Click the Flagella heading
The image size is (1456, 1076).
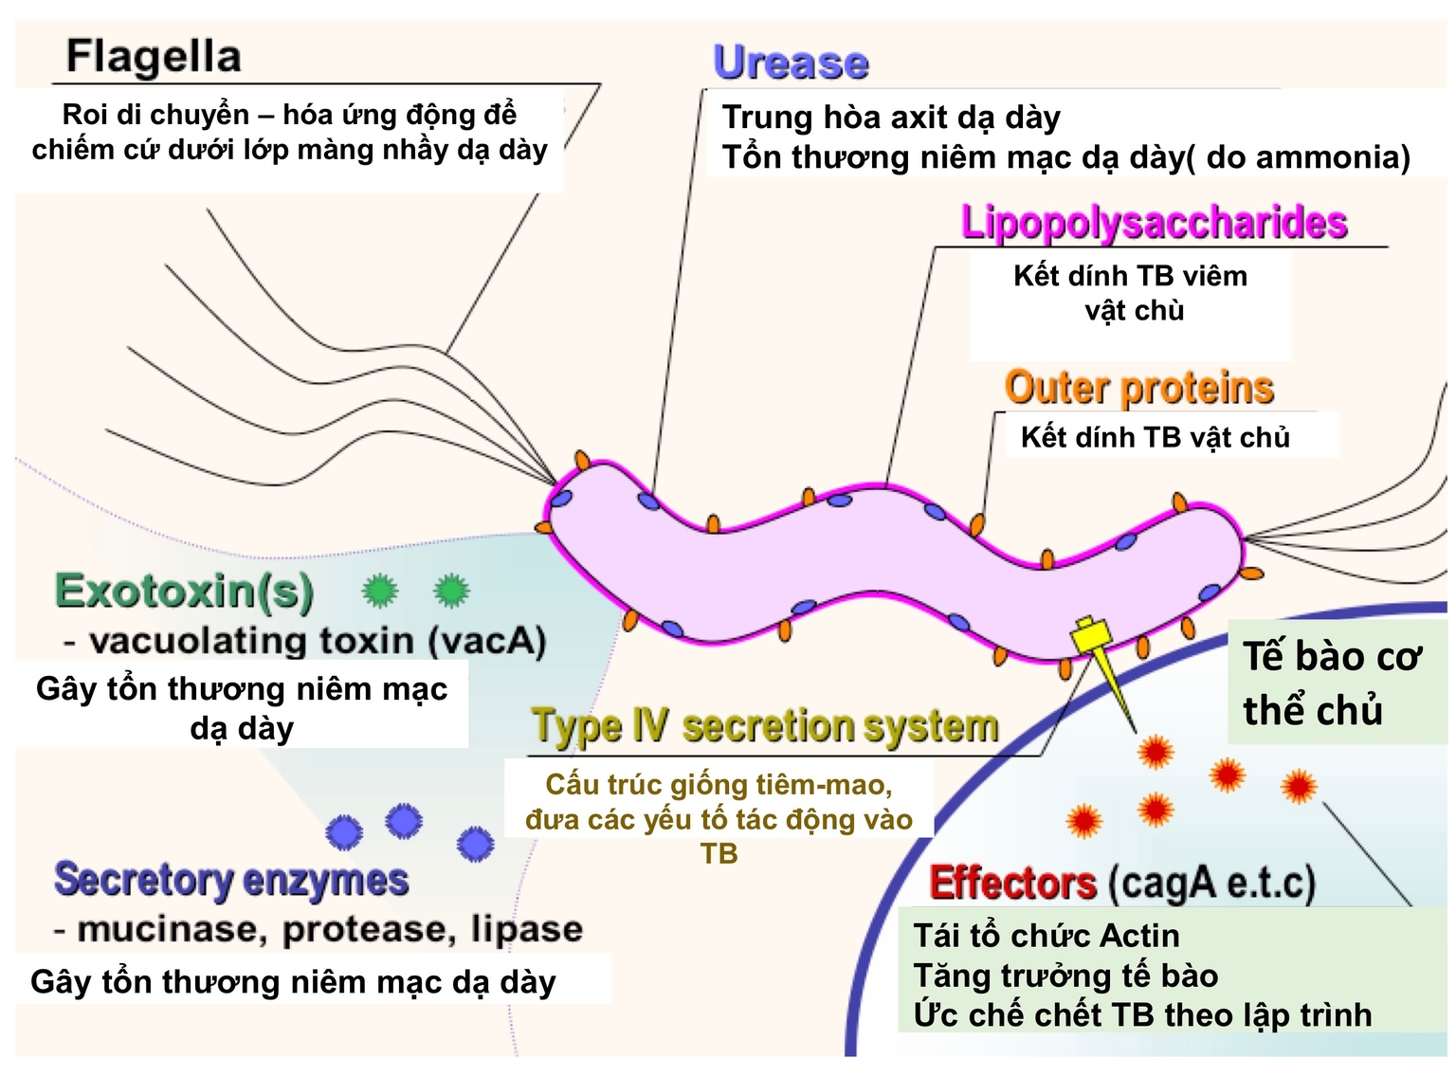pos(154,57)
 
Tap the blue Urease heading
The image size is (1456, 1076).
pos(791,63)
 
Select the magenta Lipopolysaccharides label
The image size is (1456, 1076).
pos(1154,223)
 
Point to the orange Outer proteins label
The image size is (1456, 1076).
pos(1138,388)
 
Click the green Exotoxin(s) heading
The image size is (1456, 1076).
pos(184,592)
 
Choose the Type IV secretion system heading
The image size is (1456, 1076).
pos(765,727)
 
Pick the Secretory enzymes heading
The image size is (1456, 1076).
pos(231,880)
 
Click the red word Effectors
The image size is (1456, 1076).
pos(1012,884)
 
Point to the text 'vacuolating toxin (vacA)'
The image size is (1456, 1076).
pos(317,642)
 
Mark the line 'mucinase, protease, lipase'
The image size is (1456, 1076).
pos(328,929)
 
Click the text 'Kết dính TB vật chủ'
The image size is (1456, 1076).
pos(1155,437)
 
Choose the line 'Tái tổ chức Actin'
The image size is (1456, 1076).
pos(1046,936)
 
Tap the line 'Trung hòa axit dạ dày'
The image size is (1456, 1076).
pos(891,118)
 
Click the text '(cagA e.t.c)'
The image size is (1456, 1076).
pos(1211,884)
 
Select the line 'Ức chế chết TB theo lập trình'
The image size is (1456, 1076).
pos(1142,1014)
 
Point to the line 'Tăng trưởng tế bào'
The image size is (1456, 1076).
pos(1065,976)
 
